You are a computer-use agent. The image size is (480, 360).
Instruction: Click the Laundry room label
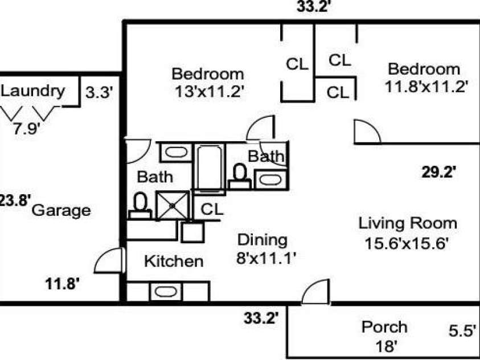(x=33, y=91)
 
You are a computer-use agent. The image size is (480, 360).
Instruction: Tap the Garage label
(x=61, y=211)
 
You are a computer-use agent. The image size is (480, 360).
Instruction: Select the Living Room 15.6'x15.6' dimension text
(x=407, y=244)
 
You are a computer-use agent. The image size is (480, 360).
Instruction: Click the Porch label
(x=384, y=327)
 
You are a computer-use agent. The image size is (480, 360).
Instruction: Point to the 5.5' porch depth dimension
(x=462, y=330)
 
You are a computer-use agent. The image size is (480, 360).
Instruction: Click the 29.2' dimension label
(x=439, y=172)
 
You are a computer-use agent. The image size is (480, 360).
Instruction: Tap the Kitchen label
(x=174, y=261)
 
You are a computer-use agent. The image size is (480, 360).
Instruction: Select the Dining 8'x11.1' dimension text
(x=266, y=258)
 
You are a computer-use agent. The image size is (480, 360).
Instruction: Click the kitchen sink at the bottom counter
(x=166, y=291)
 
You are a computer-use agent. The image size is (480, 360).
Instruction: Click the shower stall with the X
(x=173, y=206)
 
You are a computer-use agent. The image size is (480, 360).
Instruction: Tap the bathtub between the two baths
(x=210, y=168)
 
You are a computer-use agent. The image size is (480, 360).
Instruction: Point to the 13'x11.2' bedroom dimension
(x=210, y=91)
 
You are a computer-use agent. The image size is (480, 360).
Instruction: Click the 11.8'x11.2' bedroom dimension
(x=426, y=87)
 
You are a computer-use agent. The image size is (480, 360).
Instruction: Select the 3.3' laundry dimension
(x=100, y=93)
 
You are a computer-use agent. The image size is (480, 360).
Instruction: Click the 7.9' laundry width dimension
(x=27, y=128)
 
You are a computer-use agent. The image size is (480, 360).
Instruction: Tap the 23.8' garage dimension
(x=15, y=201)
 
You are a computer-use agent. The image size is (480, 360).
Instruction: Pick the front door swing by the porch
(x=315, y=292)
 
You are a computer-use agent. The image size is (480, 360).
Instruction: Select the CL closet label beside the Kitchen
(x=212, y=210)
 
